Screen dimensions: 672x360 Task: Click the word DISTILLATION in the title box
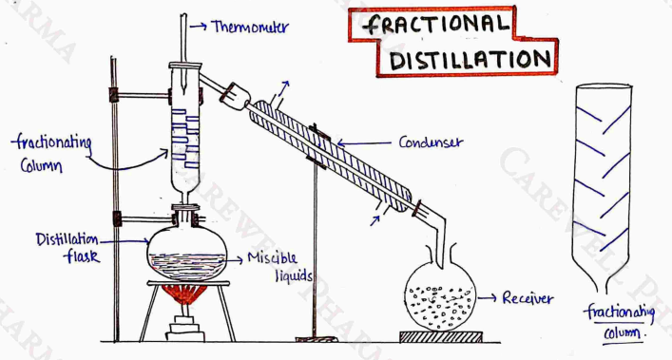(470, 59)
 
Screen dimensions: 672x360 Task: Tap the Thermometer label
(251, 27)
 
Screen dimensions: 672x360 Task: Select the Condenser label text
(431, 142)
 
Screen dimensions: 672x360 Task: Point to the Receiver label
(528, 298)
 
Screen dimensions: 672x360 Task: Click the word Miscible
(272, 257)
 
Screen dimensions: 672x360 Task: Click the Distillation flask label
(67, 247)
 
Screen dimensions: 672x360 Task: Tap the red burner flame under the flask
(184, 294)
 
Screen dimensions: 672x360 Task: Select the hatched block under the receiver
(441, 337)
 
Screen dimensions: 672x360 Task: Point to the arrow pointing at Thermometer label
(198, 26)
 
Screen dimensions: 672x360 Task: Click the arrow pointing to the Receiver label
(488, 297)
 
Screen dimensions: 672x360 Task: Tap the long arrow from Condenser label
(363, 143)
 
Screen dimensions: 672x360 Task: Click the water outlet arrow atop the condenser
(283, 88)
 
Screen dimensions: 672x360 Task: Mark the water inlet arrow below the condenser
(375, 220)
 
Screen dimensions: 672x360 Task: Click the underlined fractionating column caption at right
(619, 321)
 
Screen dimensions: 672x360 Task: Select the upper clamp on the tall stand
(143, 95)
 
